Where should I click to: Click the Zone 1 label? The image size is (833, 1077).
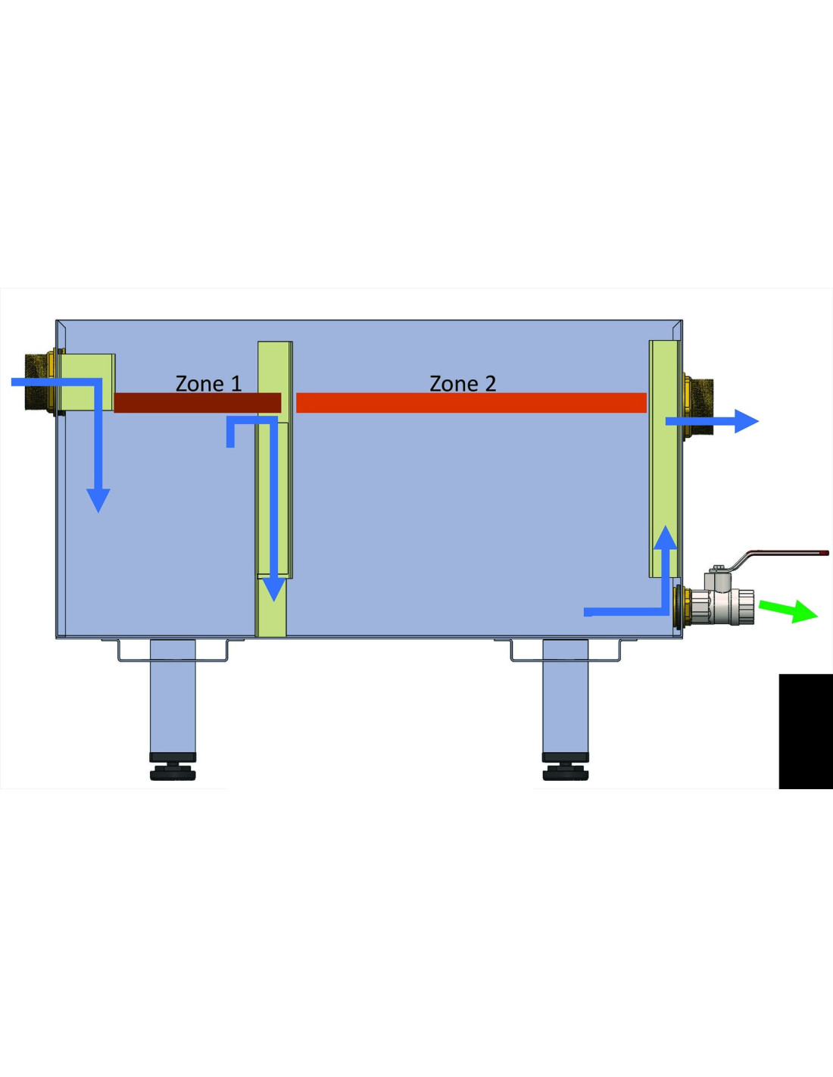tap(208, 384)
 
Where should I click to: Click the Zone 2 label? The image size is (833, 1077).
tap(463, 384)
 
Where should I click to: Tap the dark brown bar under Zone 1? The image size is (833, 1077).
tap(198, 402)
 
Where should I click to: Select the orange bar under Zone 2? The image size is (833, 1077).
tap(471, 402)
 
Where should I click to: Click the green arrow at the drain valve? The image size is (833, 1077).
tap(788, 610)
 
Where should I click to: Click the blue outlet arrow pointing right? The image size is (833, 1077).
tap(712, 421)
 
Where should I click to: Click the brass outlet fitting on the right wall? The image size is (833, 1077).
tap(697, 406)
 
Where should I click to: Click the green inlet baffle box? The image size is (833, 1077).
tap(87, 382)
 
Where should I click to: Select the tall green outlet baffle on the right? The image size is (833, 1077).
tap(664, 459)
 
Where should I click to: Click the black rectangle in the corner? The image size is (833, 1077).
tap(806, 731)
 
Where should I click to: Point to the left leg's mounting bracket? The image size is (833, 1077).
tap(173, 651)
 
